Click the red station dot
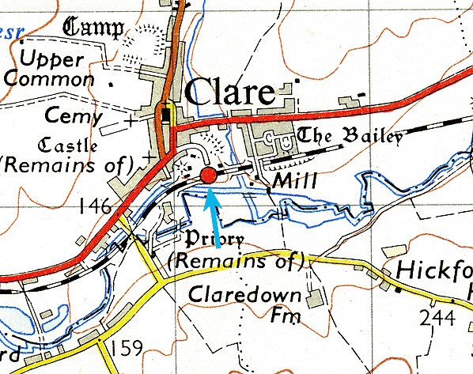tap(209, 176)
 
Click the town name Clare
tap(230, 93)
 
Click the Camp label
tap(94, 29)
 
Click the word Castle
tap(70, 145)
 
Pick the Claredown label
tap(245, 296)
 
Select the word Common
tap(48, 80)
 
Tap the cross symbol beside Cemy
tap(130, 123)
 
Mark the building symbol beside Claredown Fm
tap(315, 297)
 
